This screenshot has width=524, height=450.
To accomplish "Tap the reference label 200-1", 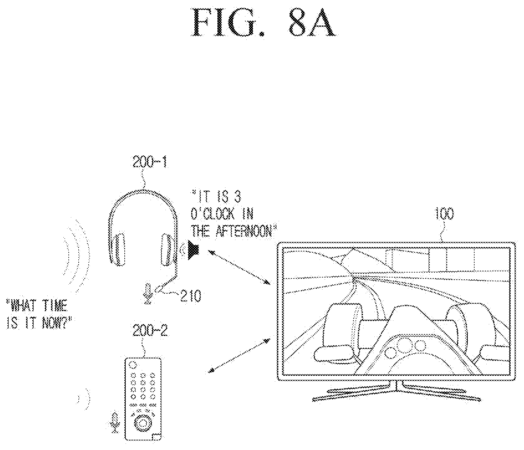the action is click(x=150, y=162).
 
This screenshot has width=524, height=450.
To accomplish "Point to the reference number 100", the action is click(x=444, y=214).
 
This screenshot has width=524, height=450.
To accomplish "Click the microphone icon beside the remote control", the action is click(x=115, y=423).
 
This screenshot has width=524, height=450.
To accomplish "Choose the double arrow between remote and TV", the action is click(x=239, y=355).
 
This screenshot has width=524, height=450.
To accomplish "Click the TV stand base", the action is click(x=397, y=392).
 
